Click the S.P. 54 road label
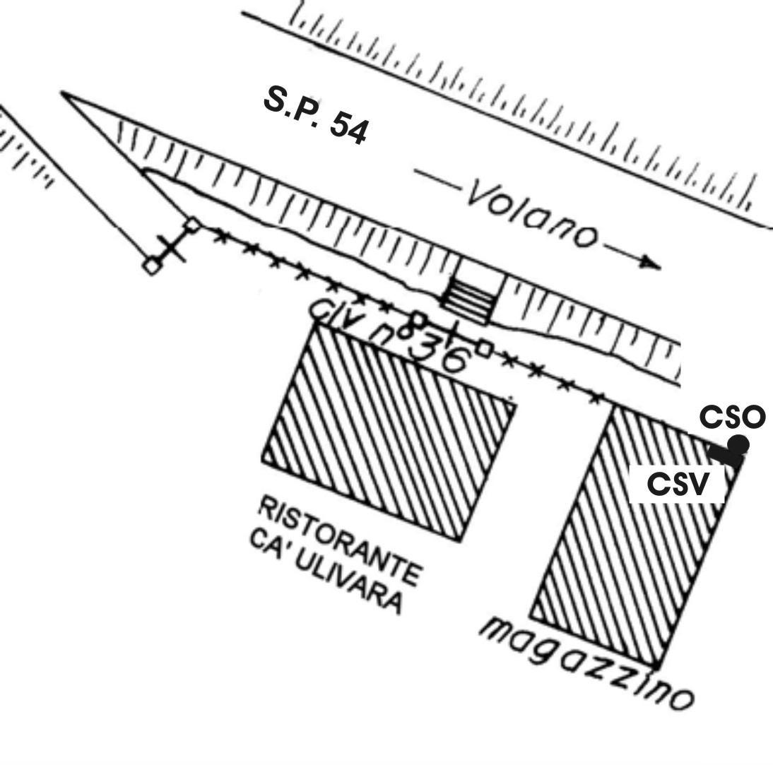pyautogui.click(x=317, y=115)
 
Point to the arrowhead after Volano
pyautogui.click(x=651, y=263)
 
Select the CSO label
pyautogui.click(x=733, y=417)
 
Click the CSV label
pyautogui.click(x=678, y=484)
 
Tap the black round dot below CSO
pyautogui.click(x=738, y=445)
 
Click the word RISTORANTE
pyautogui.click(x=340, y=540)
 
